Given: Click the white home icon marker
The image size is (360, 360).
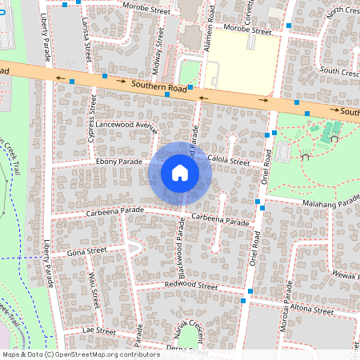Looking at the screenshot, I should (x=180, y=174).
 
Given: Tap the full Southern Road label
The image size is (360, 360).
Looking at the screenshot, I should (x=160, y=87).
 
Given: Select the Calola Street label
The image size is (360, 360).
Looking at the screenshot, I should (x=229, y=162).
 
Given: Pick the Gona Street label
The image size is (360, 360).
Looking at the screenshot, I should (x=86, y=251).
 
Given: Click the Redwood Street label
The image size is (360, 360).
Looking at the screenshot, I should (x=190, y=285).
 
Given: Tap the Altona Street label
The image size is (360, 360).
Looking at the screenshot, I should (x=311, y=310).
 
